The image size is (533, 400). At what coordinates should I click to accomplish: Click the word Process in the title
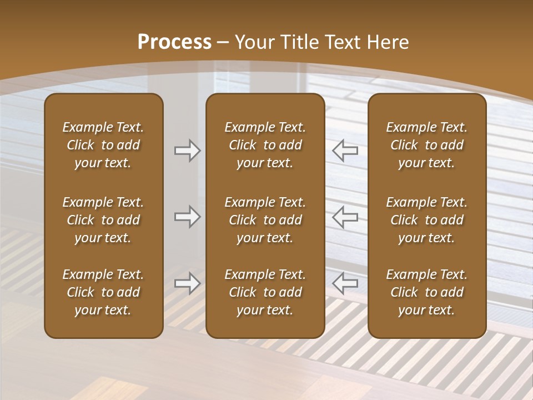(x=174, y=42)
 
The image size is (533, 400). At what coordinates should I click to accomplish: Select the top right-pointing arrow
(x=188, y=150)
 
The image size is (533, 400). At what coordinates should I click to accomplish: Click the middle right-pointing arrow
(x=188, y=216)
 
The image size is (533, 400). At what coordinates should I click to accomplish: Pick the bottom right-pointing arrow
(x=188, y=283)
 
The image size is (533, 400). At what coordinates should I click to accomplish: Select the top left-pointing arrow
(x=345, y=150)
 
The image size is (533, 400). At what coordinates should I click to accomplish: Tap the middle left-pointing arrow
(x=345, y=216)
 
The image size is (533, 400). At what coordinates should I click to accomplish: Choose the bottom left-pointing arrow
(x=345, y=283)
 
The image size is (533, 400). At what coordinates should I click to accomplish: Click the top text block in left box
(x=103, y=145)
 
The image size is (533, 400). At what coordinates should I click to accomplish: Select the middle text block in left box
(x=103, y=220)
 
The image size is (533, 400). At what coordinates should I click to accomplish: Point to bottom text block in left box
(x=103, y=292)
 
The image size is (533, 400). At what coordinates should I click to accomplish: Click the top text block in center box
(x=265, y=145)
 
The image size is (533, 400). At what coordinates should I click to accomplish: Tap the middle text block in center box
(x=265, y=220)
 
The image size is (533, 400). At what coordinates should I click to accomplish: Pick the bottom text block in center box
(x=265, y=292)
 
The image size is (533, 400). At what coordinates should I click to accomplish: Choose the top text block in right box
(x=427, y=145)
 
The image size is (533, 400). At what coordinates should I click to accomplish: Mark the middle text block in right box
(x=427, y=220)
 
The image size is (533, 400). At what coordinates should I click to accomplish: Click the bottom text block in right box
(x=427, y=292)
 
